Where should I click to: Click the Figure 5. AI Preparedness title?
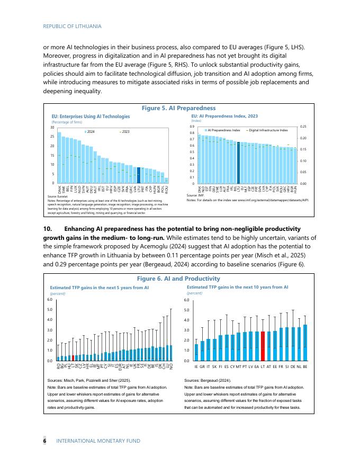[x=178, y=107]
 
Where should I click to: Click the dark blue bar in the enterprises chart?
[x=139, y=175]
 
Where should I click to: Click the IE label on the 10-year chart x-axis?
[x=196, y=366]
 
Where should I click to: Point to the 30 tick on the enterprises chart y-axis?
[x=52, y=128]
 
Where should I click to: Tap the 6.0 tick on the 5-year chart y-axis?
[x=50, y=300]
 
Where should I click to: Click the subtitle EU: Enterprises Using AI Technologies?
[x=90, y=116]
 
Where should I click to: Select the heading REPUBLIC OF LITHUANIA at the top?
[x=72, y=26]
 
